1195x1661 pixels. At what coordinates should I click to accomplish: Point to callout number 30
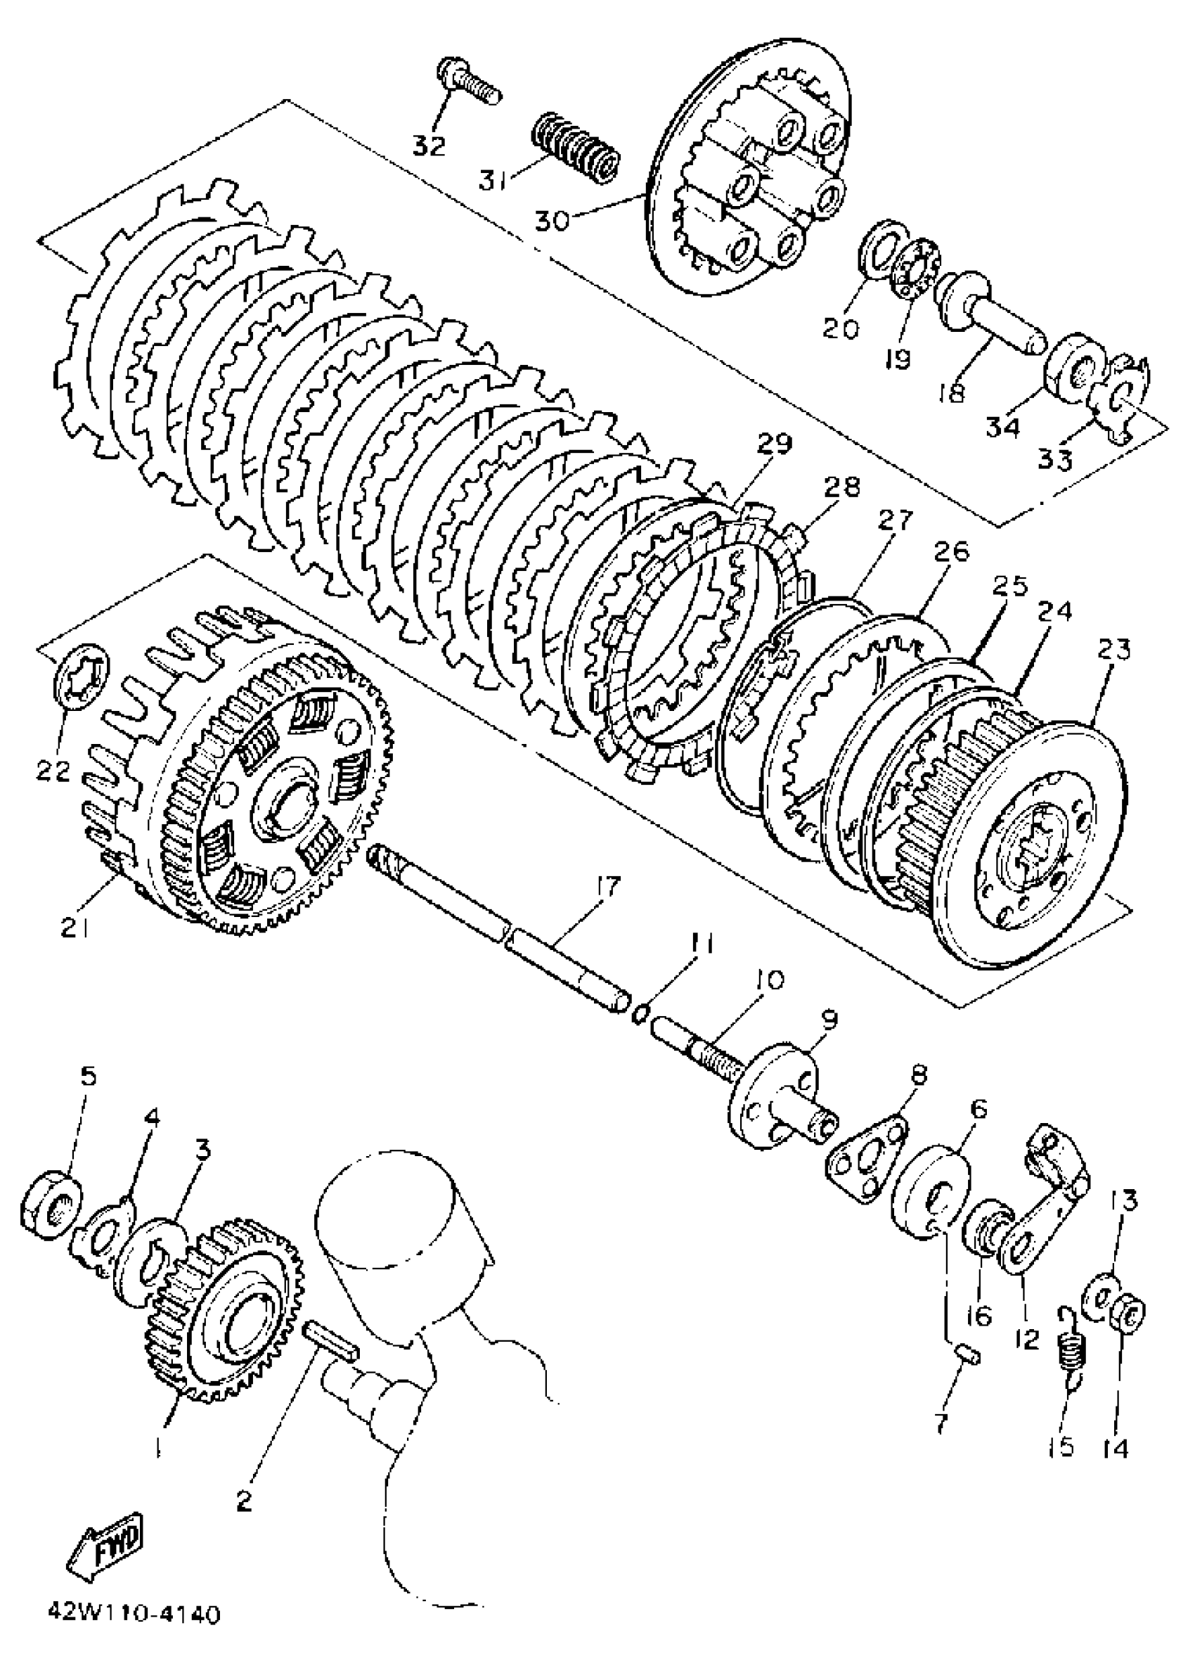tap(550, 219)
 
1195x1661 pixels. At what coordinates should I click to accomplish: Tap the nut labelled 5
tap(51, 1203)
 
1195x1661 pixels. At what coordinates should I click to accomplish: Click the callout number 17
tap(609, 885)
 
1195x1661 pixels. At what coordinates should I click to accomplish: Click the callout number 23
tap(1113, 649)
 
